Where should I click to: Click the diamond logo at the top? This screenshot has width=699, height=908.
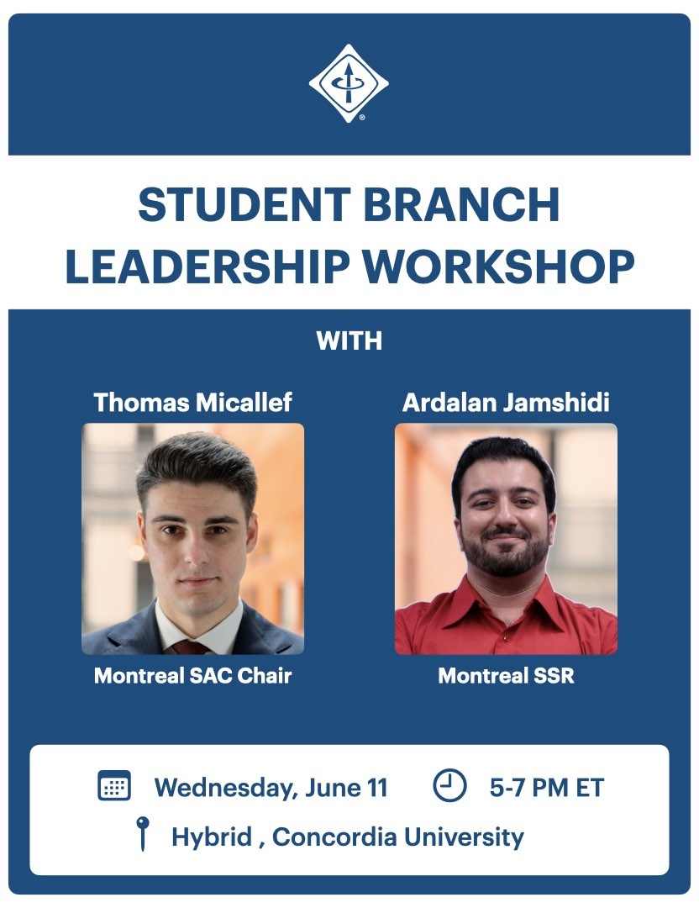(349, 83)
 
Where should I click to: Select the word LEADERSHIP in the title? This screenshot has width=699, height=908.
(208, 266)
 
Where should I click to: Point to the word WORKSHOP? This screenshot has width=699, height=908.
(498, 266)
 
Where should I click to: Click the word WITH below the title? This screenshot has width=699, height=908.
(349, 340)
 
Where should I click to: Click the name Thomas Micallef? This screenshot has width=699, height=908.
(192, 403)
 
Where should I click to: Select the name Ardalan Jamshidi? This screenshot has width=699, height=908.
(506, 403)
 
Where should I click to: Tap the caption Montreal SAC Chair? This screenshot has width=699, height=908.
(192, 675)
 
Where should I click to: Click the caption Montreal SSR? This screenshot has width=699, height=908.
(506, 675)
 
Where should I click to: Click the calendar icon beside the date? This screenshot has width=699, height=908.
(114, 785)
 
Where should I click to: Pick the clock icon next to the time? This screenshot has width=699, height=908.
(449, 785)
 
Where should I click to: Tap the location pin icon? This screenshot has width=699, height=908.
(142, 833)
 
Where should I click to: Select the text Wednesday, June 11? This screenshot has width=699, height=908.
(271, 788)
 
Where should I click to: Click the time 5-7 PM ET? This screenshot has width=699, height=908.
(547, 788)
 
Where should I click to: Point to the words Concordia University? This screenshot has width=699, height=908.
(398, 837)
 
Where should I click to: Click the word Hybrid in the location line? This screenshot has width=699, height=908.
(212, 837)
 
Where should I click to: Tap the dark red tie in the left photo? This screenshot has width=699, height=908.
(190, 647)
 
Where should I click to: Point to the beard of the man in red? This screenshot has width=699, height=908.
(506, 553)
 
